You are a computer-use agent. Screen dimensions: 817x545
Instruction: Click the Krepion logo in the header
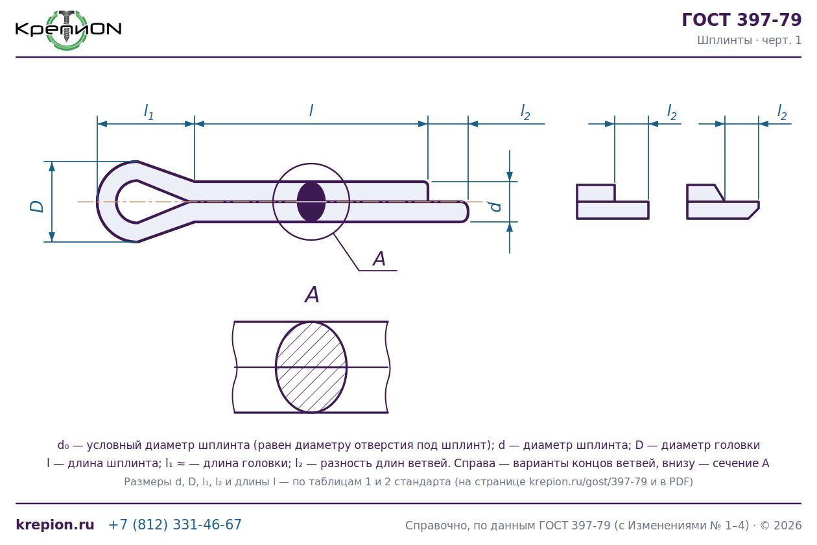click(68, 30)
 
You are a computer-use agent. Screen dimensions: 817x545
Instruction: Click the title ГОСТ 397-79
click(742, 19)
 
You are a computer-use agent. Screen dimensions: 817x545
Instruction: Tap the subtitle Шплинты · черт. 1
click(749, 40)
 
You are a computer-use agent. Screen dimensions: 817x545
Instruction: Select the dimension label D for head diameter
click(36, 206)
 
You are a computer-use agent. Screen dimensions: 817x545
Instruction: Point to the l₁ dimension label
click(148, 112)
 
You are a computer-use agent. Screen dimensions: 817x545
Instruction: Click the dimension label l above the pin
click(311, 110)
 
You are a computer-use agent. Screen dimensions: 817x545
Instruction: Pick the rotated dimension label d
click(495, 207)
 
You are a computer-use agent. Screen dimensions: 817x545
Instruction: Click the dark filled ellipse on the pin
click(311, 202)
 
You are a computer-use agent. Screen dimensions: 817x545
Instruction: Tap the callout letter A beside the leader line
click(379, 259)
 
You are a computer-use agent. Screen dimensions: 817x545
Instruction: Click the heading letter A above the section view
click(312, 295)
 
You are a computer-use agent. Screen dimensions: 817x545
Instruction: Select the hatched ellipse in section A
click(311, 367)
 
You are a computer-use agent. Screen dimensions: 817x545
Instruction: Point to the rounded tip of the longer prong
click(468, 212)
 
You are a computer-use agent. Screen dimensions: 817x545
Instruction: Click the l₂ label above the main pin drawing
click(525, 112)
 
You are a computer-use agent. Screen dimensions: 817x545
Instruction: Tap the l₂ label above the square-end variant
click(672, 112)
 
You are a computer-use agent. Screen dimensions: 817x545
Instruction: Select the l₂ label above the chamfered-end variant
click(782, 112)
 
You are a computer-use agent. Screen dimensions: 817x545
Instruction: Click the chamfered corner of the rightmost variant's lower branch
click(754, 213)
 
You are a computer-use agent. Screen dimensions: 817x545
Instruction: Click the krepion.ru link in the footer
click(55, 524)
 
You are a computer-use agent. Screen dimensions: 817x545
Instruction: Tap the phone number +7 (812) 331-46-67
click(175, 524)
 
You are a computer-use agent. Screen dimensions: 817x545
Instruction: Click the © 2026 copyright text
click(781, 526)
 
